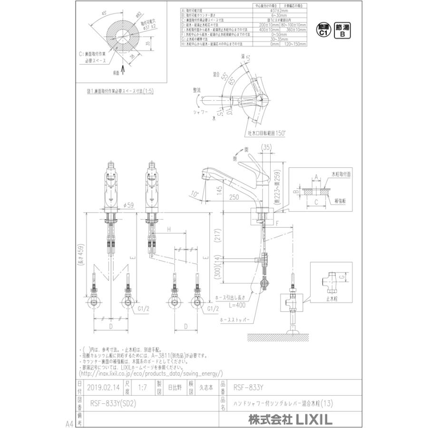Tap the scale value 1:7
tap(141, 388)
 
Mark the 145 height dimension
tap(218, 190)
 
